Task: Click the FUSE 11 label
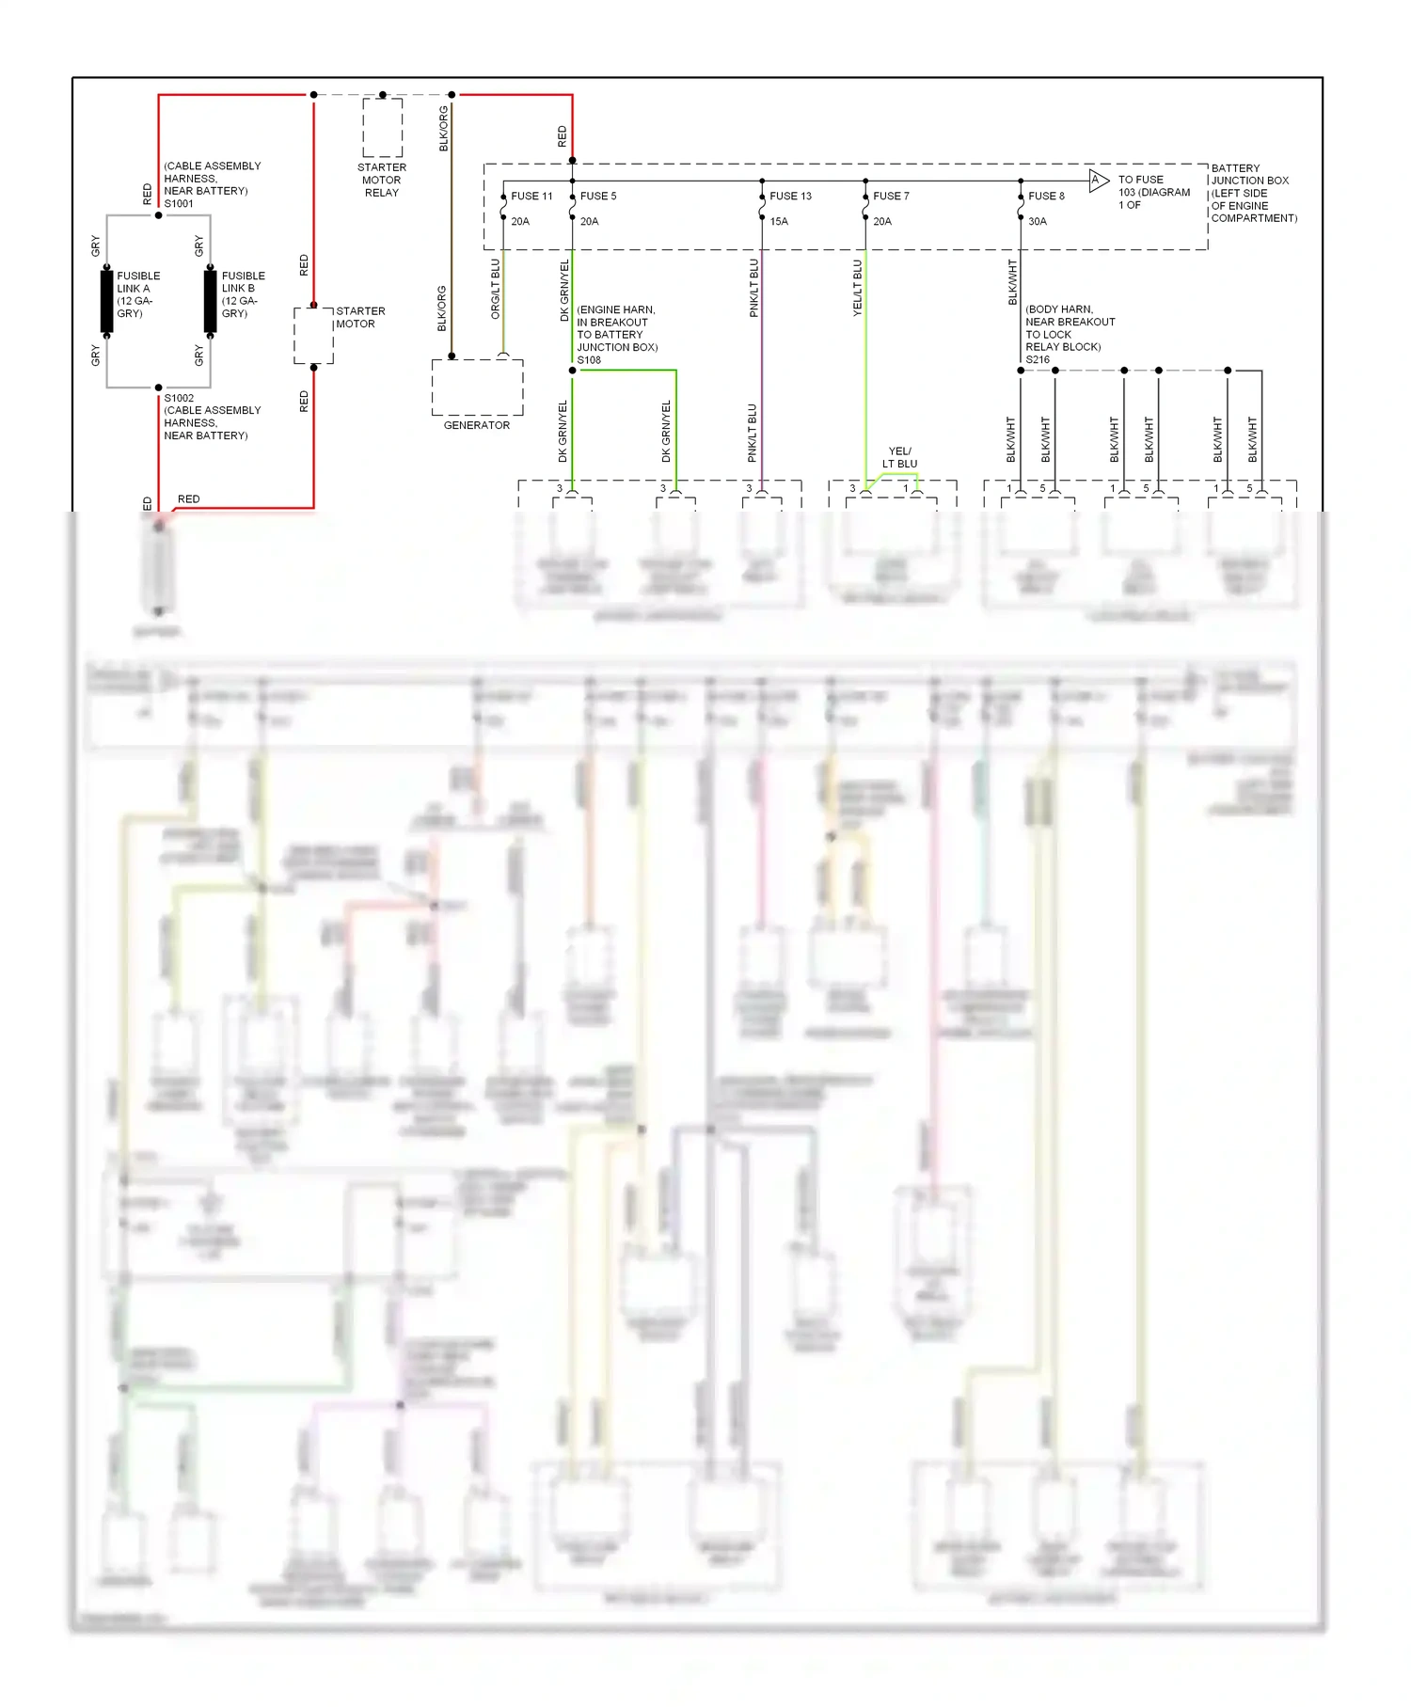[531, 197]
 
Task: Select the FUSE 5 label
[598, 197]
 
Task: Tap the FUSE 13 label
[790, 197]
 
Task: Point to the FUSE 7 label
[891, 197]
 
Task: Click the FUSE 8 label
[1046, 197]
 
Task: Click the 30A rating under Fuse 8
[1038, 222]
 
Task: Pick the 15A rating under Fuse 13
[779, 222]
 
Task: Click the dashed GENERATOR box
[477, 387]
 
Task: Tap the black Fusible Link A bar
[107, 301]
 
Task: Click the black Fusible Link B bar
[210, 301]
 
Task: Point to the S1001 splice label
[179, 204]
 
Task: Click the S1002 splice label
[179, 398]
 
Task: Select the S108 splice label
[589, 360]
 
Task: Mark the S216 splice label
[1038, 360]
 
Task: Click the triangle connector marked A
[1098, 181]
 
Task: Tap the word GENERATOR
[477, 426]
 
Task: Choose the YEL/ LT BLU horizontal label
[899, 457]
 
